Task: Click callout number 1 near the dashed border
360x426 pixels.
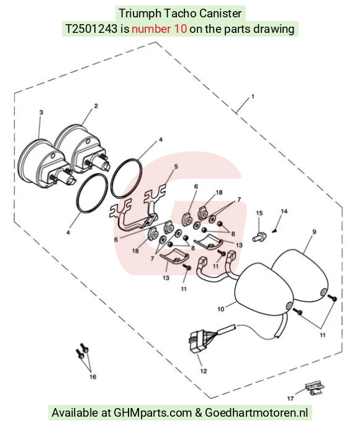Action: point(253,97)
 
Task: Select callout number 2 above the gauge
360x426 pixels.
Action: point(96,106)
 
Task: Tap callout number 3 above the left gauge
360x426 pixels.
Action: point(41,112)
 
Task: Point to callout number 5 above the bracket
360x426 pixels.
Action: point(176,166)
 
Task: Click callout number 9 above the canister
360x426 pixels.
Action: point(314,232)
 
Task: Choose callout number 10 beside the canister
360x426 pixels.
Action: point(221,309)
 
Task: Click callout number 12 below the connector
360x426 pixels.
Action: point(204,371)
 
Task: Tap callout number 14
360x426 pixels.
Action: point(284,211)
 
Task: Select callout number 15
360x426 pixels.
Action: point(259,213)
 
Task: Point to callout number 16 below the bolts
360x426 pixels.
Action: point(92,376)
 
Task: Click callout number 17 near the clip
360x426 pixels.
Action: point(290,398)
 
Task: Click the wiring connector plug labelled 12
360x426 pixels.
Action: point(197,342)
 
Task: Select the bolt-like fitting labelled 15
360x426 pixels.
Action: point(259,236)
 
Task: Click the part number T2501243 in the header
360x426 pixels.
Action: point(91,29)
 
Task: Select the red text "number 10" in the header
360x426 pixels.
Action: point(160,29)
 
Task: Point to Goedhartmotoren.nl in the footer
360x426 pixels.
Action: point(256,412)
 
